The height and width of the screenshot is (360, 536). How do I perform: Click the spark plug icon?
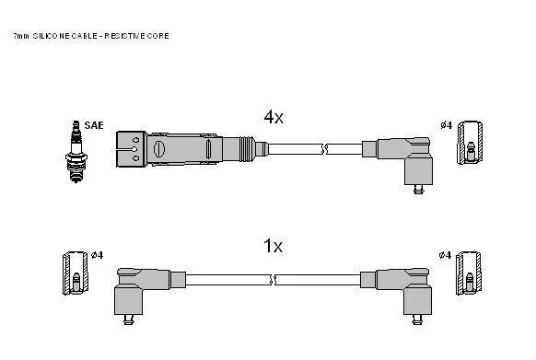pyautogui.click(x=76, y=151)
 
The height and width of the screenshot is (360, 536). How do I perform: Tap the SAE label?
pyautogui.click(x=94, y=125)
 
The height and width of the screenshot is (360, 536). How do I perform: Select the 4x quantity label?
pyautogui.click(x=274, y=117)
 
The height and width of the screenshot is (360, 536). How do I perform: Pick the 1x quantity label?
pyautogui.click(x=273, y=246)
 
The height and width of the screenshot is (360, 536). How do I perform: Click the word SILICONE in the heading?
pyautogui.click(x=52, y=36)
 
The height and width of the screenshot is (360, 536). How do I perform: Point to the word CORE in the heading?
pyautogui.click(x=157, y=36)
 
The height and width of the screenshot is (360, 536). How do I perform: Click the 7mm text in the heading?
pyautogui.click(x=21, y=36)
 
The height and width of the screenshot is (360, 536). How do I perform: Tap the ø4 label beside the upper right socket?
pyautogui.click(x=446, y=125)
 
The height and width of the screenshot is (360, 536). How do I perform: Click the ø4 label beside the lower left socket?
pyautogui.click(x=97, y=255)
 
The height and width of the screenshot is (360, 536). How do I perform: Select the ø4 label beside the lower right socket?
pyautogui.click(x=445, y=255)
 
